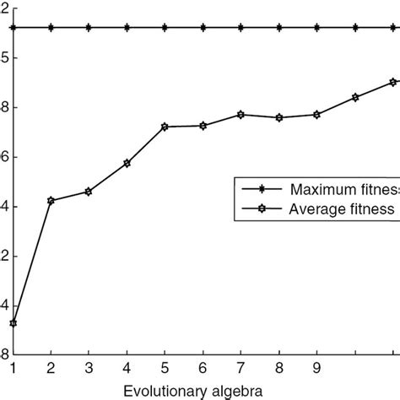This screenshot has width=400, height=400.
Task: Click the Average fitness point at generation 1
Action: point(14,323)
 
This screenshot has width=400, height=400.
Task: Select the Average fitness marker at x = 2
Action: point(51,200)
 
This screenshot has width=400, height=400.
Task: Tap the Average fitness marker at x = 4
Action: point(127,163)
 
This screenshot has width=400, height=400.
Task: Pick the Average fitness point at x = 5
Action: point(165,127)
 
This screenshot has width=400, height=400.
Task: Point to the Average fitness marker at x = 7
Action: point(241,114)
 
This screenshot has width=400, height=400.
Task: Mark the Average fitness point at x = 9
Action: point(316,114)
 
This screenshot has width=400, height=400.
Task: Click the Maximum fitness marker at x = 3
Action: point(89,27)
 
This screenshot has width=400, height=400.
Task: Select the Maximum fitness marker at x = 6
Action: point(203,27)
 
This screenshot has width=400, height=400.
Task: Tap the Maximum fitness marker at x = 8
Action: point(278,27)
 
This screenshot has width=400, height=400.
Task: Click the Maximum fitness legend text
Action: point(342,188)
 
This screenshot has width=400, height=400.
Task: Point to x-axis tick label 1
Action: point(14,368)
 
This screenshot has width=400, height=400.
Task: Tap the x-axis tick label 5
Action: point(165,368)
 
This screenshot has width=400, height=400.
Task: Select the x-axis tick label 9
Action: point(316,368)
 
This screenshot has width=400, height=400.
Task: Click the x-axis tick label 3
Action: point(89,368)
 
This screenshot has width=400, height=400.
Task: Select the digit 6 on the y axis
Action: point(4,157)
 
